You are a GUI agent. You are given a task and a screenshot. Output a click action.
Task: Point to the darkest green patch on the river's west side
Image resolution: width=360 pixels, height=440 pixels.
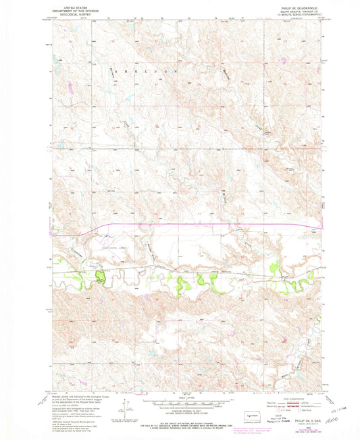100,276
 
